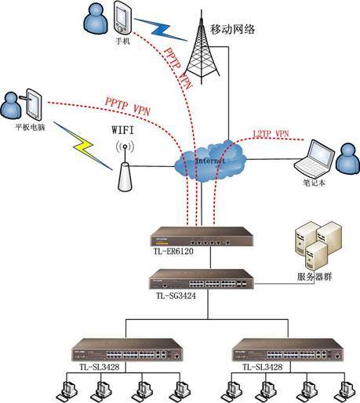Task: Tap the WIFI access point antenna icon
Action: pos(123,168)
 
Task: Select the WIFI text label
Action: pos(123,124)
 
